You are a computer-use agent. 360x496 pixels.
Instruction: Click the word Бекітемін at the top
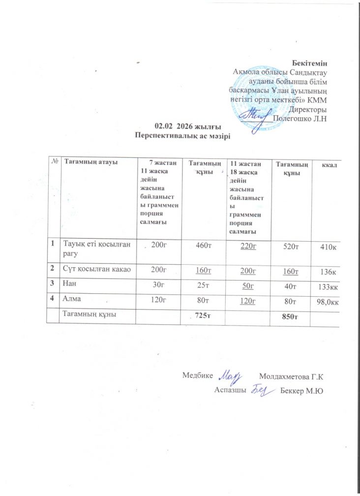(309, 63)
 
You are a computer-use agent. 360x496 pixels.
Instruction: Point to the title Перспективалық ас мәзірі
(182, 135)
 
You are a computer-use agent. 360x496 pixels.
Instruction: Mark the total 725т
(203, 315)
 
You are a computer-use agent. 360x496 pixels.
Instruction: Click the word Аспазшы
(230, 390)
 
